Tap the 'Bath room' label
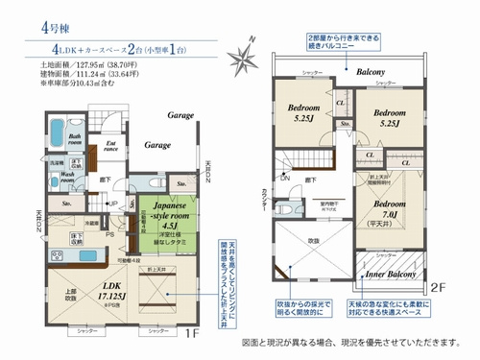(73, 140)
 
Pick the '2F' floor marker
(438, 286)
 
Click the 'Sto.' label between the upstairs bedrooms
(343, 126)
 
